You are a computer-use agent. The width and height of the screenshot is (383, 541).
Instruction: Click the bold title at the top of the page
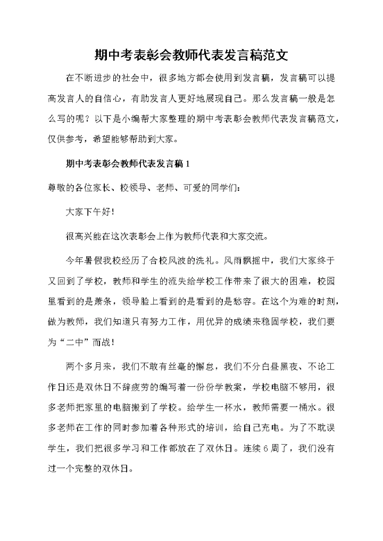[x=191, y=54]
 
